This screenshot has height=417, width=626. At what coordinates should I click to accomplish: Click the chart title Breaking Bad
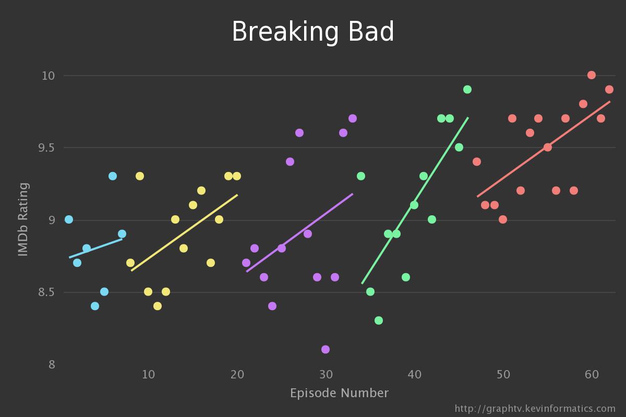point(313,32)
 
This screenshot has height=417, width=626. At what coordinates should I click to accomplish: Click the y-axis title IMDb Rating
point(23,219)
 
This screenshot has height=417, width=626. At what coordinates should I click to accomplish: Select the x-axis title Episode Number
point(339,393)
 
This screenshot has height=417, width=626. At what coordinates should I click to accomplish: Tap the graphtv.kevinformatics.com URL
point(535,409)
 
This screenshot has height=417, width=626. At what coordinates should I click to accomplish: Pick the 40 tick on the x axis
point(414,374)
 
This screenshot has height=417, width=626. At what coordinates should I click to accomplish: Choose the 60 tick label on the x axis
point(592,374)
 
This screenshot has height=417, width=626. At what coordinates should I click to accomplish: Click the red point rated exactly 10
point(592,75)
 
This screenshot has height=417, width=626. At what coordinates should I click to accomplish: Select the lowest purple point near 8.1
point(326,349)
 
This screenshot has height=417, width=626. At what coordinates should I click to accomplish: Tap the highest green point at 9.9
point(467,90)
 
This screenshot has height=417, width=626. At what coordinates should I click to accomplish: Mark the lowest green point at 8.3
point(379,321)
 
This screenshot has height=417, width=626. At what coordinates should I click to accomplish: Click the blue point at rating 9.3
point(113,176)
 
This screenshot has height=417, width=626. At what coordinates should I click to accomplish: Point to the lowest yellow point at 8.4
point(158,306)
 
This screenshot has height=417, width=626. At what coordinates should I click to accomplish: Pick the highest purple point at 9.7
point(353,118)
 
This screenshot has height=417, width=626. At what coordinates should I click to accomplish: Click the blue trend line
point(95,248)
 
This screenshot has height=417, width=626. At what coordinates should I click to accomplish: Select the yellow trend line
point(184,233)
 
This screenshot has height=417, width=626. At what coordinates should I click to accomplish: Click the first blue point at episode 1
point(69,219)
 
